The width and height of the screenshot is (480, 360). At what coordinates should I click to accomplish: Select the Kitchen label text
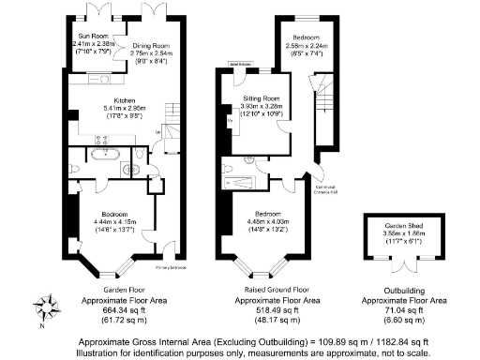(125, 99)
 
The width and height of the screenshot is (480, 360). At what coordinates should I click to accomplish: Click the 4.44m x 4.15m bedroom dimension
(117, 221)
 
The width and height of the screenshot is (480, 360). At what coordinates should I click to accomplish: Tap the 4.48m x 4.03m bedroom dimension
(266, 220)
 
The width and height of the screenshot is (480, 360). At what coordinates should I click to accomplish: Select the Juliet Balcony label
(235, 66)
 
